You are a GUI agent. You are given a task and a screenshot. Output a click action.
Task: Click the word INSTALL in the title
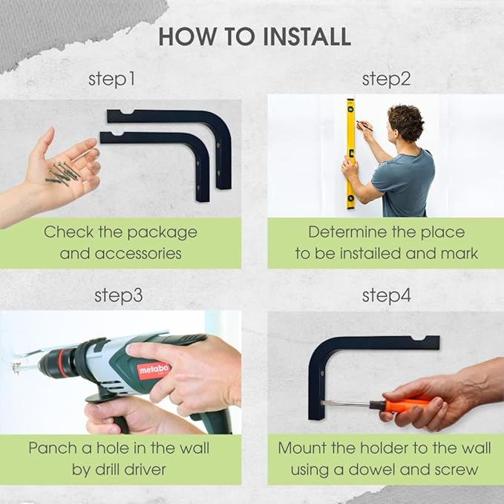click(x=307, y=36)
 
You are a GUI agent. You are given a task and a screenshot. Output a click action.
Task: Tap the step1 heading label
click(x=111, y=79)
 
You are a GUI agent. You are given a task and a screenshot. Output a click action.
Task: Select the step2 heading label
click(x=386, y=79)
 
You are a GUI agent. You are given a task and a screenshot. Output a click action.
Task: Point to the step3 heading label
click(x=119, y=295)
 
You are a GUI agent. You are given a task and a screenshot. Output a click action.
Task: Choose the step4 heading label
click(x=387, y=295)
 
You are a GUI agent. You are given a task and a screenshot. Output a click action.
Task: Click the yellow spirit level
click(x=350, y=154)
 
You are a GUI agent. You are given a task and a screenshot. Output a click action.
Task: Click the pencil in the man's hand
click(x=364, y=126)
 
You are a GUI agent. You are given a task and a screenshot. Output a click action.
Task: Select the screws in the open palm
click(x=62, y=173)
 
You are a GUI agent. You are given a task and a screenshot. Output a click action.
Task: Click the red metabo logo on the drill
click(x=154, y=370)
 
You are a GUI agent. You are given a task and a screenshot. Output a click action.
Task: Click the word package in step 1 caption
click(x=163, y=233)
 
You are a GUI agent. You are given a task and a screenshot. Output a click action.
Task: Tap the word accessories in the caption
click(x=138, y=254)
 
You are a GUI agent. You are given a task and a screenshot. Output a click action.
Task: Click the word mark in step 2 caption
click(x=459, y=253)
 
